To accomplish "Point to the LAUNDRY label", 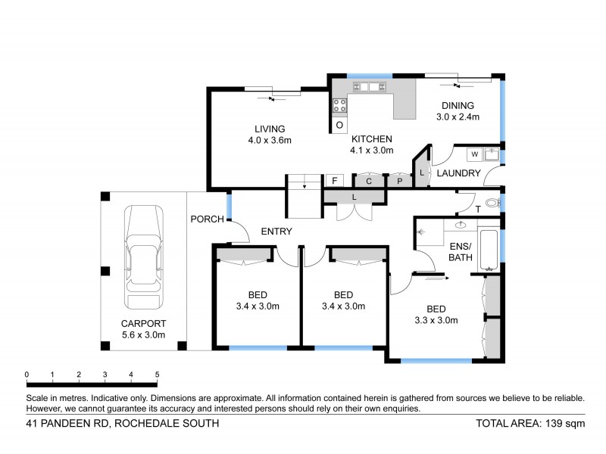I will point(459,173).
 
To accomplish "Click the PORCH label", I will point(207,219).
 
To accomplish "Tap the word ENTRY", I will point(276,232).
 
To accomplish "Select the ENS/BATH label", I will point(461,252).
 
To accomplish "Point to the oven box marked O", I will point(339,125).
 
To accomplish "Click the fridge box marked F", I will point(334,180).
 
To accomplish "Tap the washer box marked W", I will point(474,155).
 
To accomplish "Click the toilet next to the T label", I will point(493,203).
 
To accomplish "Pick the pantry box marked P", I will point(398,181).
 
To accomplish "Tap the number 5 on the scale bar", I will point(157,375).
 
